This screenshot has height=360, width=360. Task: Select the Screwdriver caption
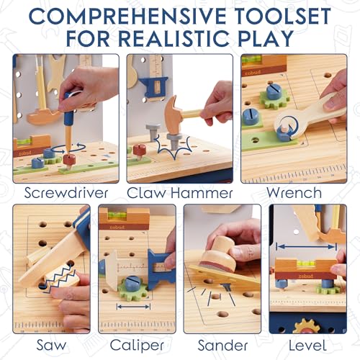click(66, 193)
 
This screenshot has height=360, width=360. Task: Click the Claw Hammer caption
click(179, 193)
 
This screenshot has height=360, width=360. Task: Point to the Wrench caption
click(294, 193)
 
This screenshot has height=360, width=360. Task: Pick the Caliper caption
click(136, 344)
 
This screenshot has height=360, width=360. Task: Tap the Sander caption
click(221, 344)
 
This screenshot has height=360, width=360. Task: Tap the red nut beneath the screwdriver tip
click(70, 159)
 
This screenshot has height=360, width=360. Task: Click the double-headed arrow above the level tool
click(306, 246)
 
